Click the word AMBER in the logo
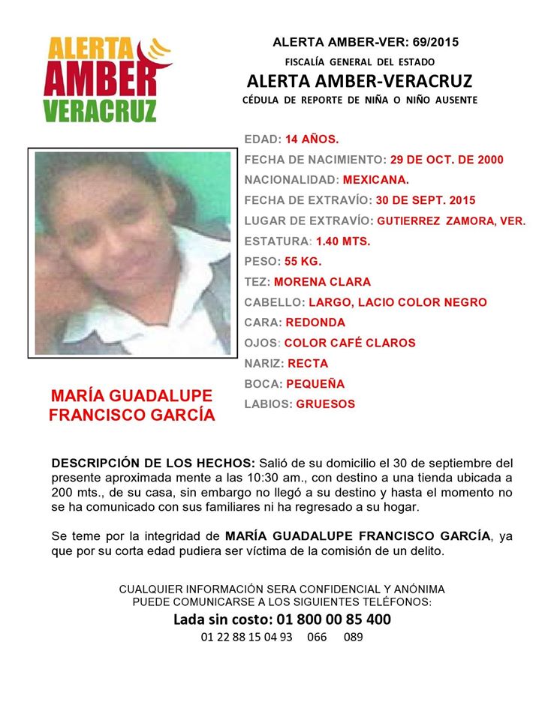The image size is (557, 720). point(106,79)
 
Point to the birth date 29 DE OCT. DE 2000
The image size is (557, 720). point(447,160)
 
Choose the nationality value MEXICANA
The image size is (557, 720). point(375,180)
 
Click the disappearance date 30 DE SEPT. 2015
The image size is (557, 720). point(425,200)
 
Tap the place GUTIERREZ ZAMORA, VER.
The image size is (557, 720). point(451,221)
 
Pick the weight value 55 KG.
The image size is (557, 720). point(302,262)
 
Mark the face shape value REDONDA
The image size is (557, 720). point(315,322)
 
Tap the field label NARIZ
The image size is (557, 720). point(263,364)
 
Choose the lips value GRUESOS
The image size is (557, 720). point(326,404)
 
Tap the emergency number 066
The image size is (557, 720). point(318,637)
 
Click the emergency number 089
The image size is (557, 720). point(354,637)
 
